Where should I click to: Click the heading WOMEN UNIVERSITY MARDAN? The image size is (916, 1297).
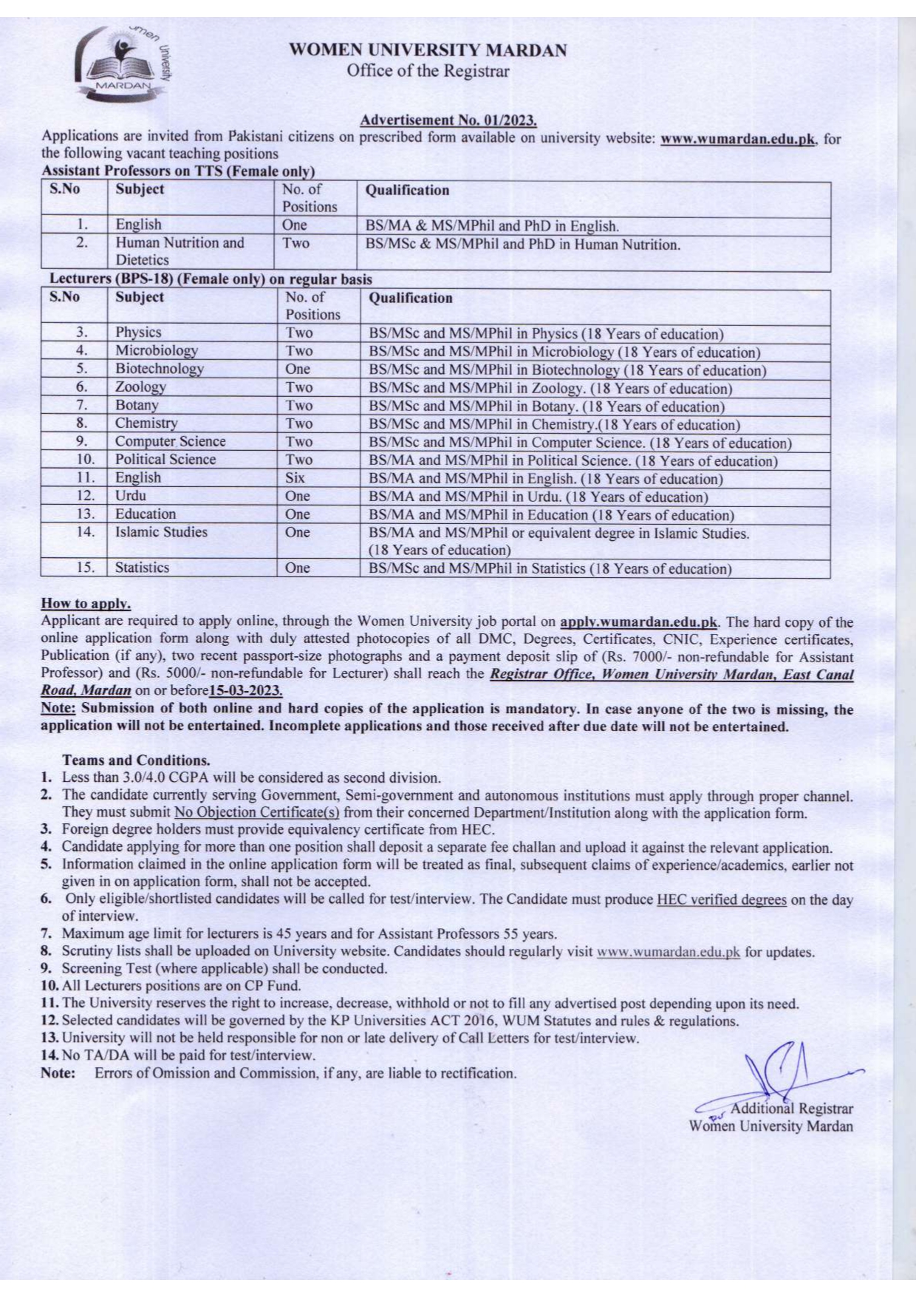[x=428, y=51]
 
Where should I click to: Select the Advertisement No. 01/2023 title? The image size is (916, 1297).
[x=448, y=120]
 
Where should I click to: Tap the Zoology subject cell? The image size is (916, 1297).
[x=140, y=387]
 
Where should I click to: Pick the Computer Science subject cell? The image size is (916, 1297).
[x=170, y=441]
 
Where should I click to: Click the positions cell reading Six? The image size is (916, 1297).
[x=295, y=477]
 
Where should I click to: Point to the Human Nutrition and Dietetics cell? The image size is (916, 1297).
[x=179, y=251]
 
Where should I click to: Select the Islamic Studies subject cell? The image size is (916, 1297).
[x=161, y=532]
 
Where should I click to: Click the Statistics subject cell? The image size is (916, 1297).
[x=142, y=568]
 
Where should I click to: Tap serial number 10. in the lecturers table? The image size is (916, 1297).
[x=85, y=460]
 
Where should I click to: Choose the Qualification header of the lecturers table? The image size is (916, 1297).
[x=410, y=298]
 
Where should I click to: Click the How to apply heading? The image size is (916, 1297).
[x=86, y=604]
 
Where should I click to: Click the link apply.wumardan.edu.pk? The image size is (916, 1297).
[x=639, y=622]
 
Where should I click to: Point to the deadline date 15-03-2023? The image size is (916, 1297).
[x=245, y=690]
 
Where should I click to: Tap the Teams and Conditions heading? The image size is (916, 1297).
[x=136, y=760]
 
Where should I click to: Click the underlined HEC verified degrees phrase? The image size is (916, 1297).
[x=721, y=899]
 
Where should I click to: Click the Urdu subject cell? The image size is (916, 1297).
[x=131, y=496]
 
